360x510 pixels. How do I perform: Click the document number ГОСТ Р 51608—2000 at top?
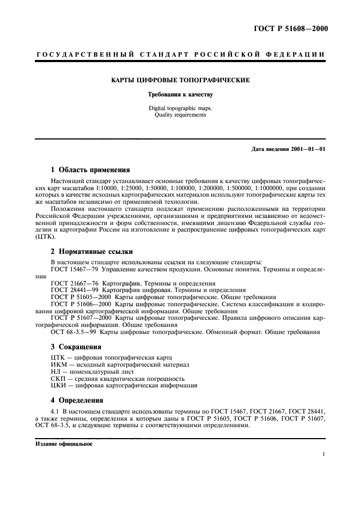(292, 29)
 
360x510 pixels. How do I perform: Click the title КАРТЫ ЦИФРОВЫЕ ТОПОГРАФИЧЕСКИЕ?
(180, 80)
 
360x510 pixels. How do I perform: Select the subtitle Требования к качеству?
(180, 94)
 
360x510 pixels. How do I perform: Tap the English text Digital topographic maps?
(180, 108)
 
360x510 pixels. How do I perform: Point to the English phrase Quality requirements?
(180, 115)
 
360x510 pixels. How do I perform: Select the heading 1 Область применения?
(90, 169)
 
